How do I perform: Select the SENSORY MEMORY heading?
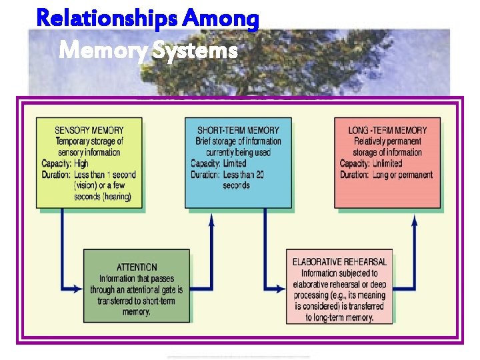[89, 130]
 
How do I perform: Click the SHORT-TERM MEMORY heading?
[238, 130]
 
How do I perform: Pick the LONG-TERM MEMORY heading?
[387, 130]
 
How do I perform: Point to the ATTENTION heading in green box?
[137, 267]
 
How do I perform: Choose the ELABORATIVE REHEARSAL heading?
[339, 262]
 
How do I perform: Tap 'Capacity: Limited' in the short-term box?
[219, 163]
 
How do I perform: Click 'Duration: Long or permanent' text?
[386, 175]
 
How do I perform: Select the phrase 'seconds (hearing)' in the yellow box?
[103, 197]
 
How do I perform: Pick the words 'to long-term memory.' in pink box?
[339, 318]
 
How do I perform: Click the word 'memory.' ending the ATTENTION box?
[137, 312]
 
